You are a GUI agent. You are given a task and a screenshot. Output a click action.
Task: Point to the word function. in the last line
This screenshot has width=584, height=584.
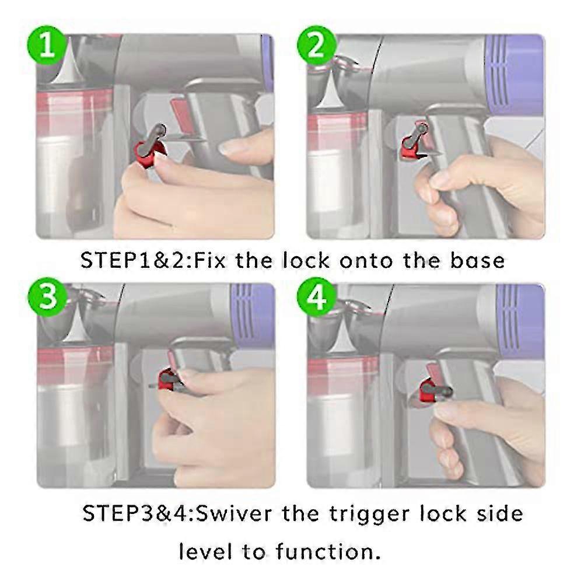tap(335, 551)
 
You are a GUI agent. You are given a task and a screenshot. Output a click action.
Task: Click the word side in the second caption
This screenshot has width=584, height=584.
tap(499, 514)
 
